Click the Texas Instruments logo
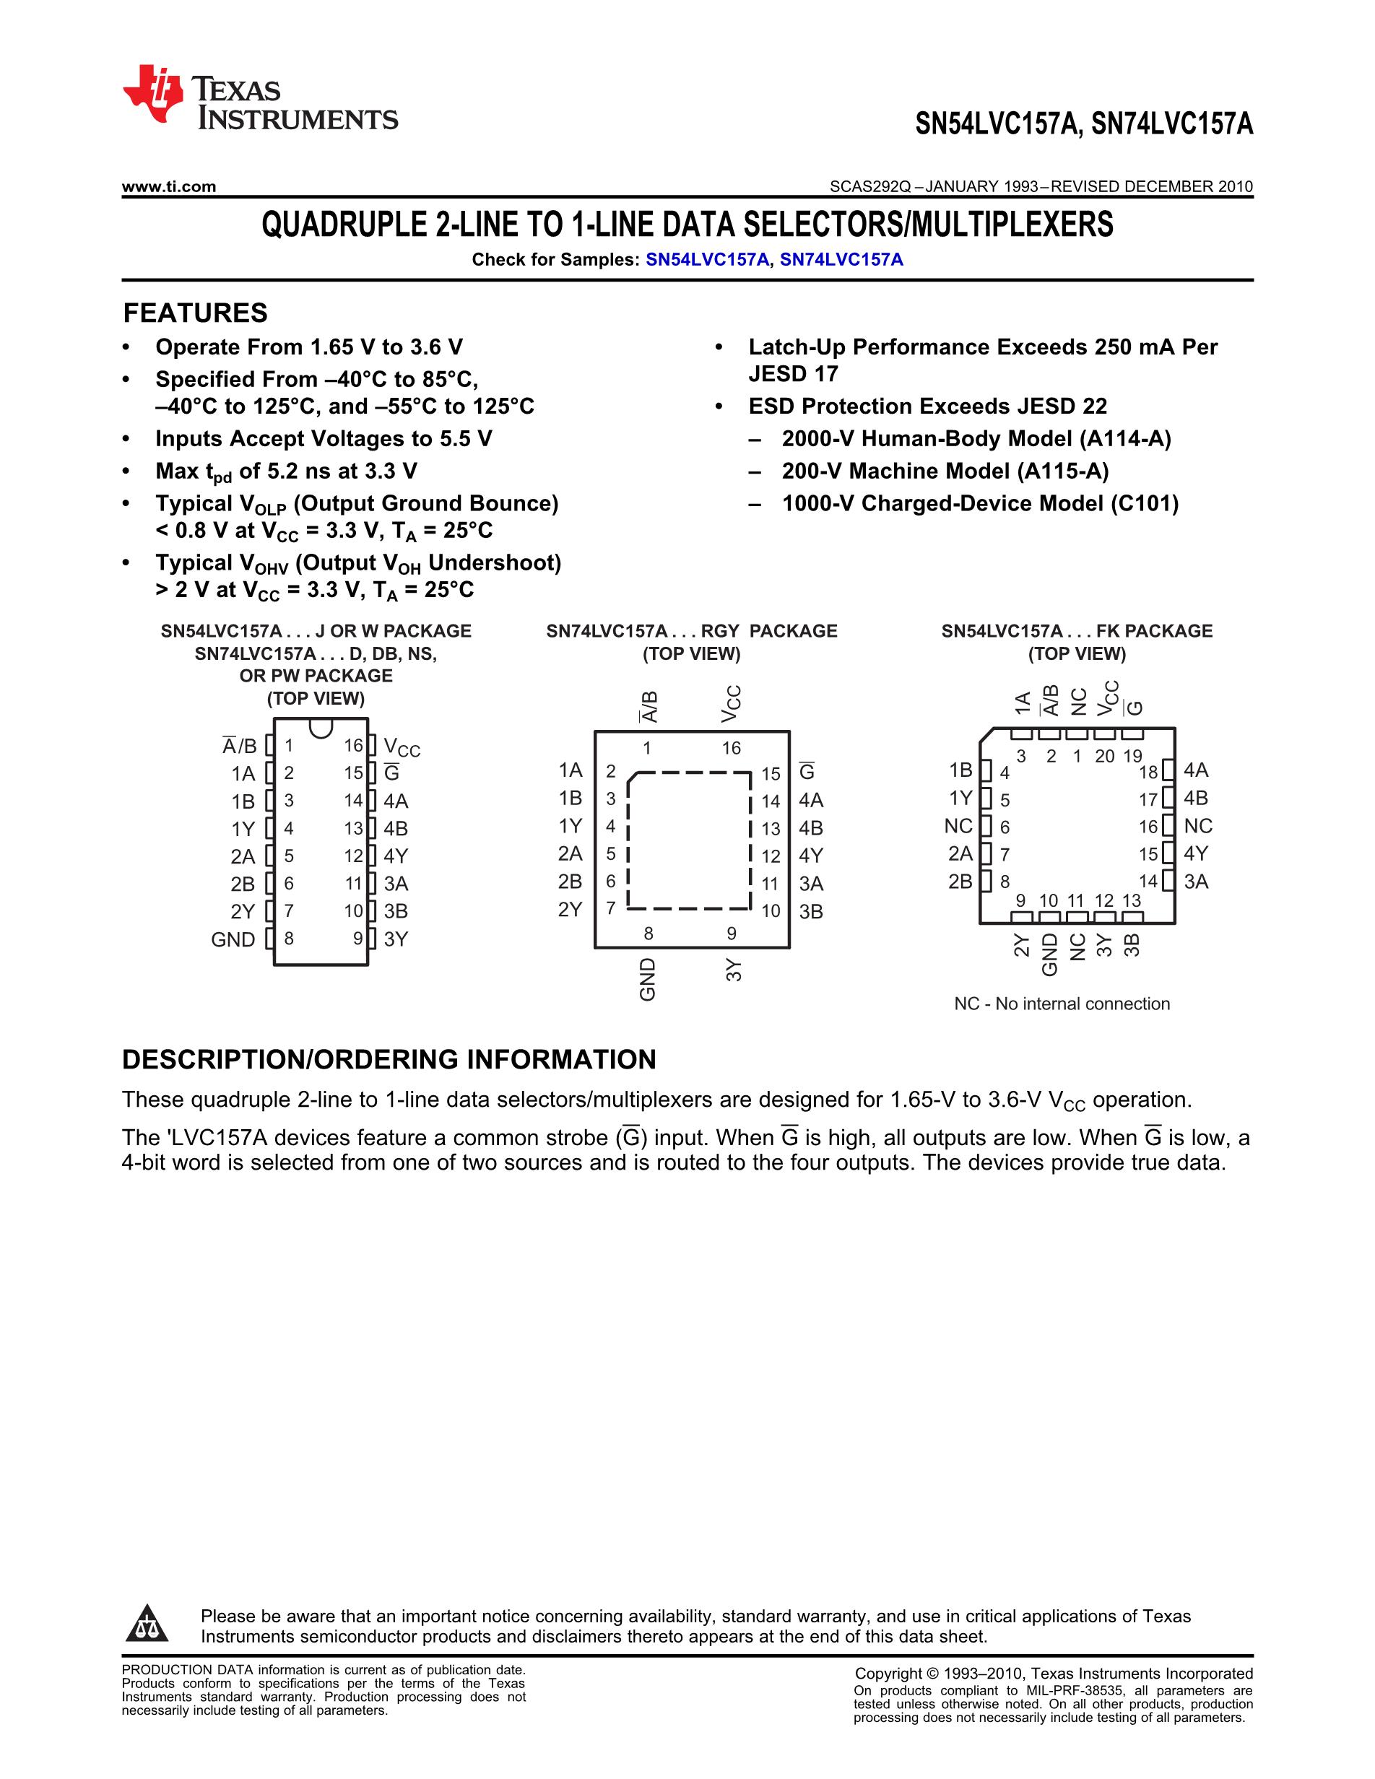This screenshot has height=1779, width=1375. coord(259,97)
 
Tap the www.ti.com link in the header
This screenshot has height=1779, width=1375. coord(168,186)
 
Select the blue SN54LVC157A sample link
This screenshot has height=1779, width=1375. coord(707,260)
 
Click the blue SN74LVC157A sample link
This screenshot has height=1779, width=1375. coord(841,260)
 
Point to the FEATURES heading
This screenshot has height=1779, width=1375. coord(195,313)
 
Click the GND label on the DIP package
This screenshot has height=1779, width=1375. coord(233,939)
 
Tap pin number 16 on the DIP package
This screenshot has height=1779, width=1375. coord(352,745)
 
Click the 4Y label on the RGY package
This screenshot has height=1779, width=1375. coord(811,856)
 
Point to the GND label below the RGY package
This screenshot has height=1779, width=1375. coord(648,979)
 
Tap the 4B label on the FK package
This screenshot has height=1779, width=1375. coord(1196,799)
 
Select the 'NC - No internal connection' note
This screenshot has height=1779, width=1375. coord(1062,1004)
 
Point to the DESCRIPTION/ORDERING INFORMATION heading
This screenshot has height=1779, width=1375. coord(389,1059)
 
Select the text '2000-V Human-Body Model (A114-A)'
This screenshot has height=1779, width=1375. coord(976,439)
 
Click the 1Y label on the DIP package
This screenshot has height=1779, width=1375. coord(243,830)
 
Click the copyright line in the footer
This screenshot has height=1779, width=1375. coord(1053,1673)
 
